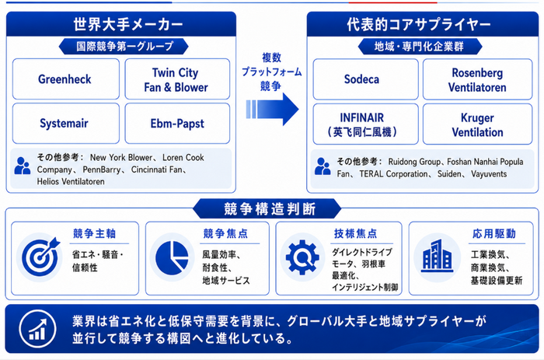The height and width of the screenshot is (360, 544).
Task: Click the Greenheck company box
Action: (66, 79)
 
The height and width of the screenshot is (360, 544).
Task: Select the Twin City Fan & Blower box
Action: (177, 79)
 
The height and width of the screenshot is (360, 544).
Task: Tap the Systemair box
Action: (66, 124)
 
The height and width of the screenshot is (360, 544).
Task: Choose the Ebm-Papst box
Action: (177, 124)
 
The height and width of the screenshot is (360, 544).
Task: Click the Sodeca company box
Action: (366, 79)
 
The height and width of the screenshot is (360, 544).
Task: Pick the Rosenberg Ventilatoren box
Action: (477, 79)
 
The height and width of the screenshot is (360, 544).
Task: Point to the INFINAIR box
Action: (366, 124)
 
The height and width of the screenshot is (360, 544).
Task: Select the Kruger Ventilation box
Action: (477, 124)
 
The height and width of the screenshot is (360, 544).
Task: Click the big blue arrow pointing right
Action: (272, 109)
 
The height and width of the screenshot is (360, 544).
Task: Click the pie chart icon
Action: (172, 257)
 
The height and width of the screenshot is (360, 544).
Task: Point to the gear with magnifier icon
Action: (302, 257)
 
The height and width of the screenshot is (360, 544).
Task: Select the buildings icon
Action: (437, 256)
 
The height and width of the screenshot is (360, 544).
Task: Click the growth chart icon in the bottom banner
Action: (37, 328)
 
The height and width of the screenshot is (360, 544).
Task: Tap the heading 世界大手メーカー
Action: (128, 24)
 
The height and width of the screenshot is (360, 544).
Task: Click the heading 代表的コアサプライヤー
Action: (419, 24)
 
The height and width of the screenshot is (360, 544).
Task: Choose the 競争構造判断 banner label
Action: (269, 209)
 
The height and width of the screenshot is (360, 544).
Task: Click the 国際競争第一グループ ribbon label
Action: (125, 46)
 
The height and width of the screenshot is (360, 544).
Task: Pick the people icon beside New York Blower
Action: (23, 166)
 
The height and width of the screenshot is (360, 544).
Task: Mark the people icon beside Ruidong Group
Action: (323, 166)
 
